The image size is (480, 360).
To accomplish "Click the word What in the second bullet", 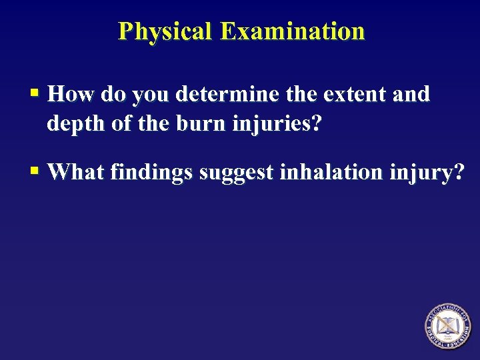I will point(77,172).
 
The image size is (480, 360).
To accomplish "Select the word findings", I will point(151,173).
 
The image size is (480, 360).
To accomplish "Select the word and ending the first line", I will point(411,95).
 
